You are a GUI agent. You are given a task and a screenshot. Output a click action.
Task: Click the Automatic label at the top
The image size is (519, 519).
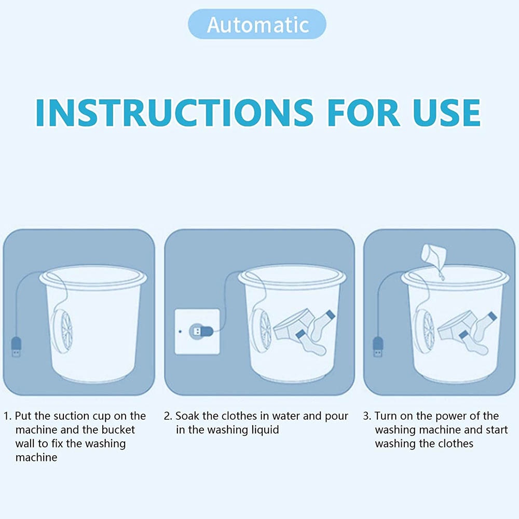(x=257, y=24)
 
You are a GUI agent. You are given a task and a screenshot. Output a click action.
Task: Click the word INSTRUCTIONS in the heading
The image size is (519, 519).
(x=174, y=113)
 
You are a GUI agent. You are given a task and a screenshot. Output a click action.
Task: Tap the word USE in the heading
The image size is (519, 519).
(x=446, y=113)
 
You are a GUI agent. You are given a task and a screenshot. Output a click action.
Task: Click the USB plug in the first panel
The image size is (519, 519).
(x=17, y=347)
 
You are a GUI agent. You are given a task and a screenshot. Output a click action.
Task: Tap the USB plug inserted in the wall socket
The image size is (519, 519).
(x=201, y=331)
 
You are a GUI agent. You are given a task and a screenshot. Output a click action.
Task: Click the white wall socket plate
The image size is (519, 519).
(x=197, y=332)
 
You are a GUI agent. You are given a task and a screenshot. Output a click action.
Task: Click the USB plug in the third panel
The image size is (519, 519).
(x=378, y=347)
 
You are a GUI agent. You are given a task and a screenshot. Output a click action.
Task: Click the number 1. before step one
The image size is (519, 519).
(x=8, y=416)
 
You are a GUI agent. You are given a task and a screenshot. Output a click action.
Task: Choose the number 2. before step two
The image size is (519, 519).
(x=168, y=416)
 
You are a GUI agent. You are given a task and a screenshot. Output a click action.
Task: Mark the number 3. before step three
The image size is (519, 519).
(x=367, y=416)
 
